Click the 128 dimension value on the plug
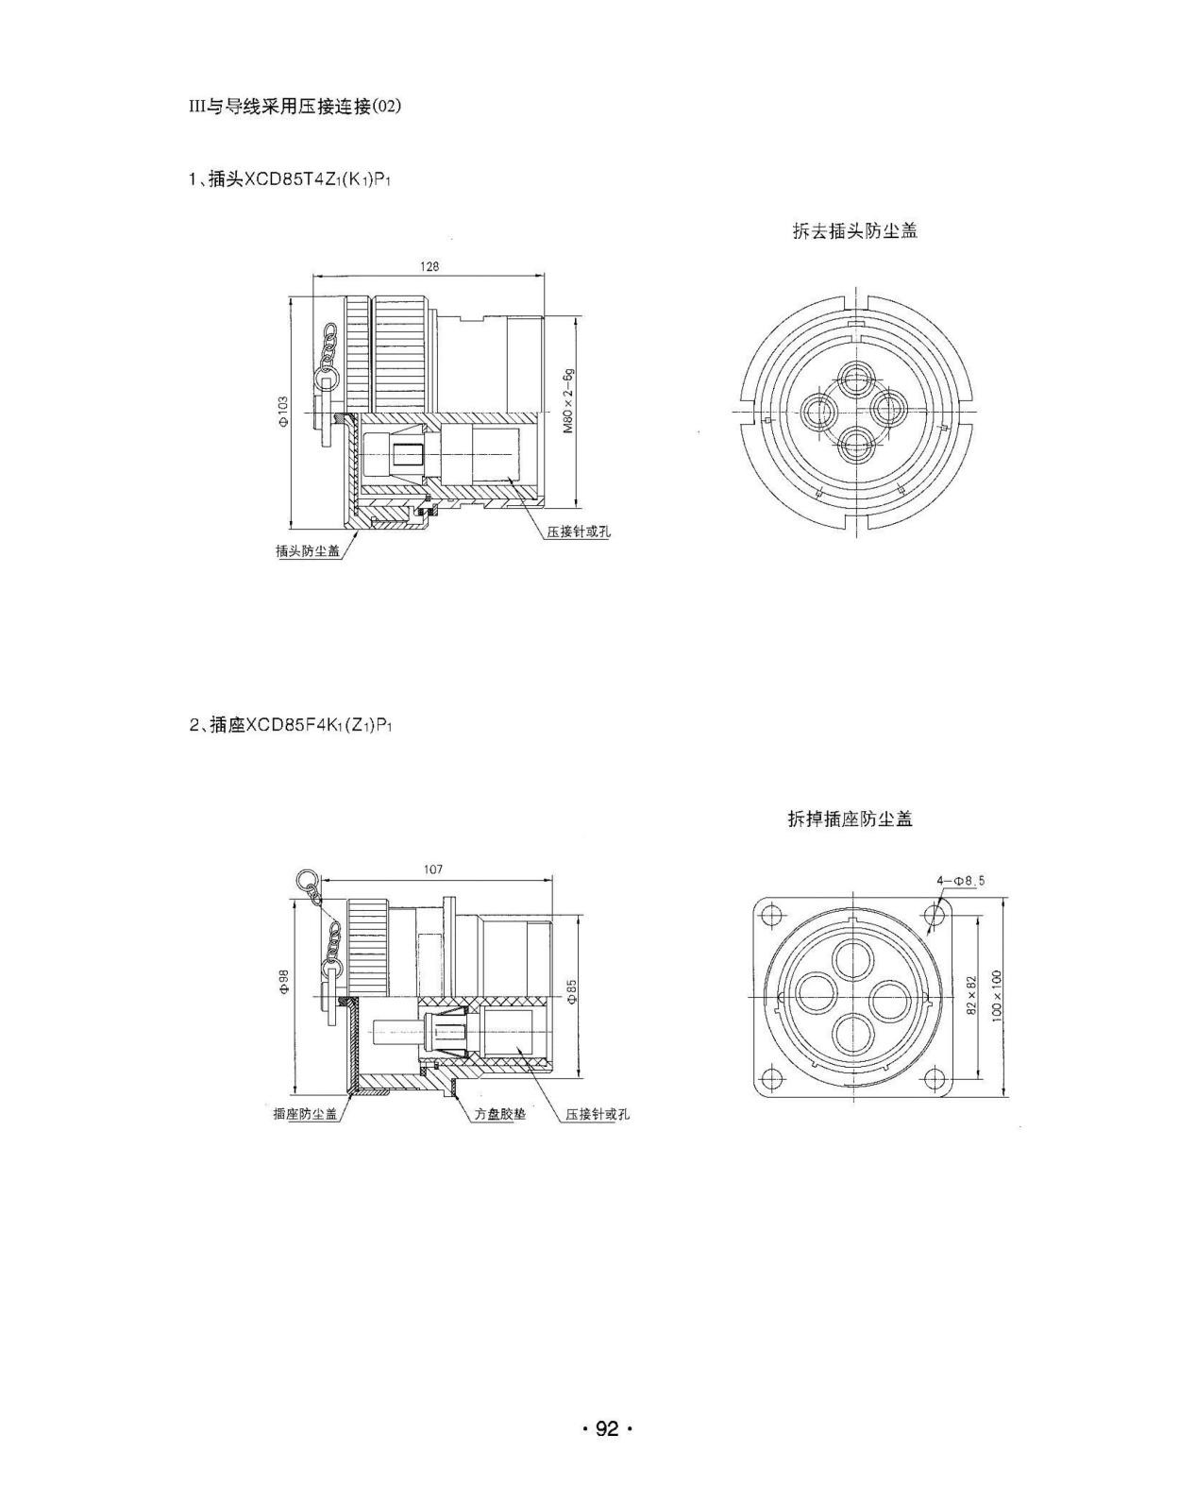click(430, 266)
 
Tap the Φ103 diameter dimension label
click(282, 412)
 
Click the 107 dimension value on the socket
click(432, 869)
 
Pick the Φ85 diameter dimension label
click(571, 992)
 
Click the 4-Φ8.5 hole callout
click(960, 881)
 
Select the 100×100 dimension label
click(997, 996)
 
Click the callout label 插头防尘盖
click(308, 551)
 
